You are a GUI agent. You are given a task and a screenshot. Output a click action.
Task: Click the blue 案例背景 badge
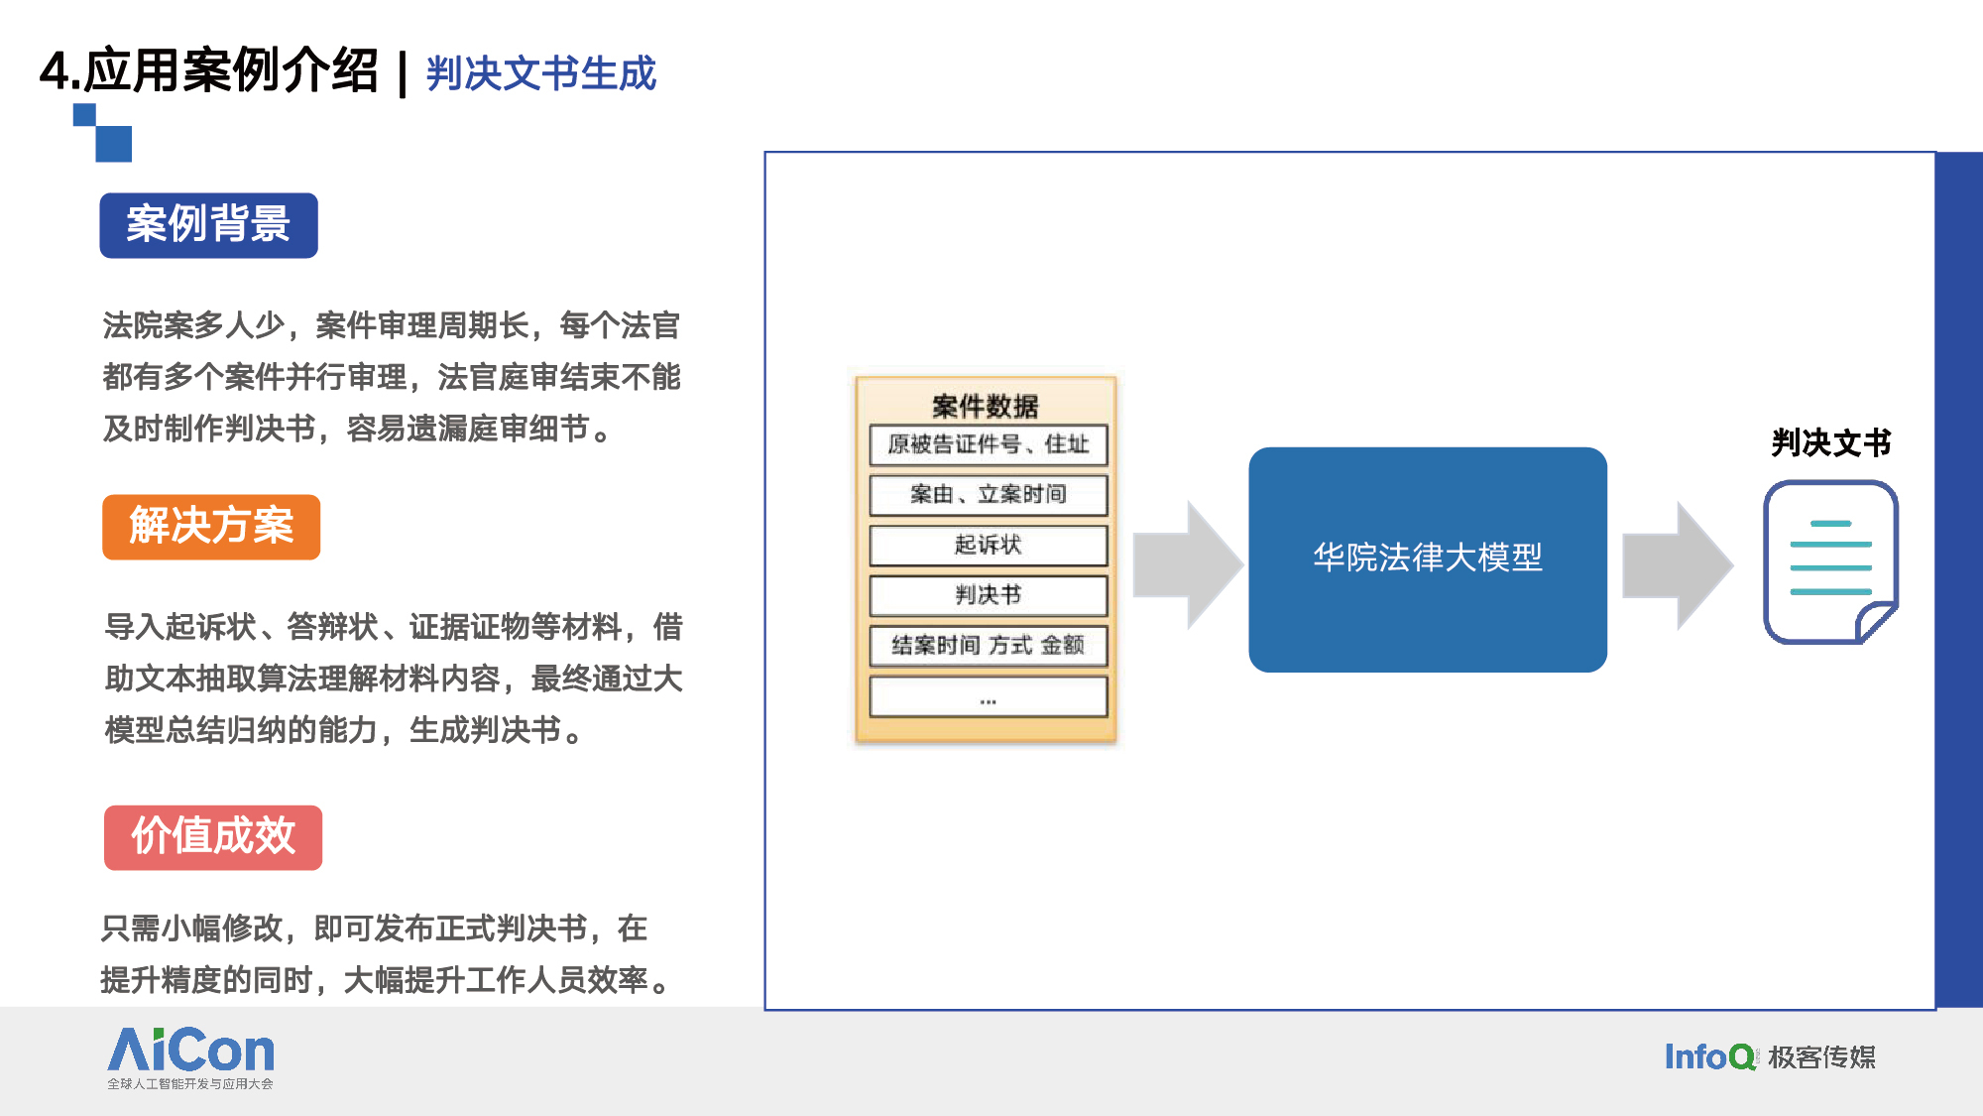pos(208,225)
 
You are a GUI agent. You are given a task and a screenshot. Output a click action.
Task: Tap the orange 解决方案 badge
pos(211,527)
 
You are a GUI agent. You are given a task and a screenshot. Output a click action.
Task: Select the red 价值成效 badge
pos(213,837)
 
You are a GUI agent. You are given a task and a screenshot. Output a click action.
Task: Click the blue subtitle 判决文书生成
pos(541,73)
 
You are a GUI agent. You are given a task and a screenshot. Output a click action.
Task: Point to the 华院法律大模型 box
pos(1428,559)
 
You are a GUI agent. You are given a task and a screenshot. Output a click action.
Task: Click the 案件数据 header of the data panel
pos(986,406)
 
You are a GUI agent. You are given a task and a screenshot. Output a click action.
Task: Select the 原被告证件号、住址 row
pos(989,444)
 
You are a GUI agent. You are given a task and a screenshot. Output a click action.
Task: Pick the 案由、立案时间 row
pos(989,495)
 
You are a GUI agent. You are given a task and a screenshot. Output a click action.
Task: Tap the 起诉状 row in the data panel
pos(989,545)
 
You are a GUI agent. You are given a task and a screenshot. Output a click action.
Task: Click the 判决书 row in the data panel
pos(989,595)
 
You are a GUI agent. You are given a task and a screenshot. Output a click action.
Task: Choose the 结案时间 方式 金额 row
pos(989,646)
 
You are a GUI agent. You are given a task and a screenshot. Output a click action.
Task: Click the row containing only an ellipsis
pos(989,696)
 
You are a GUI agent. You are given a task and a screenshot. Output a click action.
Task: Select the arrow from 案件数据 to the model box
pos(1188,565)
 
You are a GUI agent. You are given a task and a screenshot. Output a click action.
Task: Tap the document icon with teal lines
pos(1830,562)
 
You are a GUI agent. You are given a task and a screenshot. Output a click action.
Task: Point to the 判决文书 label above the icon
pos(1831,442)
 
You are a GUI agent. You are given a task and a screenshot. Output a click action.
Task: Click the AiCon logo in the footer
pos(190,1057)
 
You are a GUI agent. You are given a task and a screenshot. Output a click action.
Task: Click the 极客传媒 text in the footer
pos(1822,1057)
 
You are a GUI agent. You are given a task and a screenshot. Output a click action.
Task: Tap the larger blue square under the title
pos(114,144)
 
